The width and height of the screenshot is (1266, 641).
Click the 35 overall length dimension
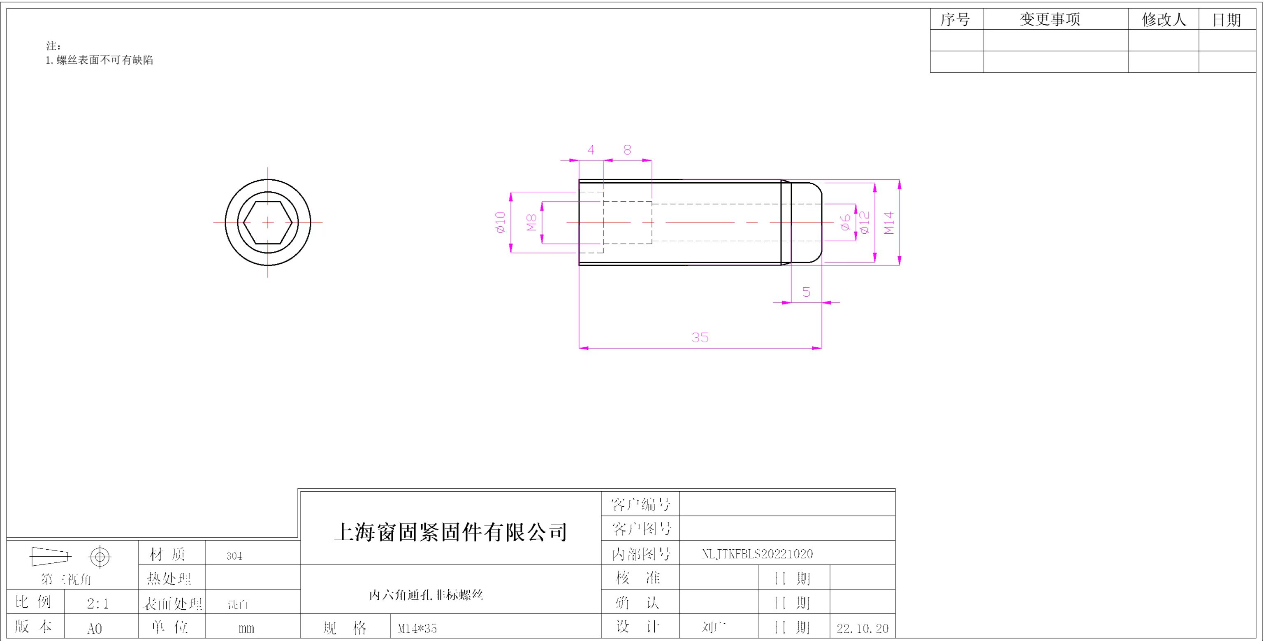coord(700,338)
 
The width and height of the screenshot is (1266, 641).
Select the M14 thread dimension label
coord(889,223)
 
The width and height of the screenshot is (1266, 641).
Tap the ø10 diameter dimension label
coord(500,222)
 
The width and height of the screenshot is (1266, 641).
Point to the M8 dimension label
coord(531,223)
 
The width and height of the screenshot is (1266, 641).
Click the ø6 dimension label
coord(845,223)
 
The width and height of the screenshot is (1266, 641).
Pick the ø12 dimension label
coord(865,223)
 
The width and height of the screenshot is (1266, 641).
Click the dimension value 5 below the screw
coord(806,292)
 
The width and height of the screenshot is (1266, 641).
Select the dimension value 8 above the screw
coord(627,150)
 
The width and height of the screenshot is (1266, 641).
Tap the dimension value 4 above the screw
coord(591,150)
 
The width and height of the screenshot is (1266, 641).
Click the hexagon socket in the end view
coord(268,223)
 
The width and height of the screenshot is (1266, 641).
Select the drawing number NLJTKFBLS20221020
coord(757,554)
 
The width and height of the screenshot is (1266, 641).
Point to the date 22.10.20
coord(863,628)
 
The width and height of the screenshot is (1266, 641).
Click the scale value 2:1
coord(98,604)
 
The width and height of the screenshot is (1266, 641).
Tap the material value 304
coord(234,556)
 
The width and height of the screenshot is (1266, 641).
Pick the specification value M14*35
coord(417,628)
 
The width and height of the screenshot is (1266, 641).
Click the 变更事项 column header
coord(1050,20)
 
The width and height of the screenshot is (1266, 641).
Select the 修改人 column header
coord(1163,20)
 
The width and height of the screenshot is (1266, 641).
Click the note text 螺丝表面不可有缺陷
coord(105,60)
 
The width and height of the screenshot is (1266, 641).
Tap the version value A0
coord(94,629)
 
